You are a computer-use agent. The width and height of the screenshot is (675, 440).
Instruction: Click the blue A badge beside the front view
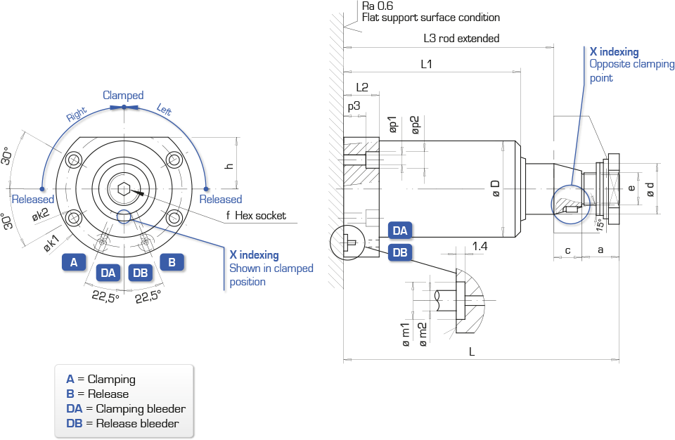tap(74, 261)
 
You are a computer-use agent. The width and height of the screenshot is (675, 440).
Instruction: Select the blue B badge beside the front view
tap(172, 261)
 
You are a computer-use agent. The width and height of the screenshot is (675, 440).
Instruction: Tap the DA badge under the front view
tap(108, 273)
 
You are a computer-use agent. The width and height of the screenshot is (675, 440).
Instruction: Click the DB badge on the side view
tap(400, 252)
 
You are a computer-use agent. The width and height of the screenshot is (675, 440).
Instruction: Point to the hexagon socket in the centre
tap(124, 188)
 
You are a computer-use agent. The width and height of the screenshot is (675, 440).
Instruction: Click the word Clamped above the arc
tap(123, 95)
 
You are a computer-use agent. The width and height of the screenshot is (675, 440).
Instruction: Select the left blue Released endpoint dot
tap(41, 188)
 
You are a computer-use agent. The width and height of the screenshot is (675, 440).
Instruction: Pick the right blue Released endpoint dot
tap(206, 188)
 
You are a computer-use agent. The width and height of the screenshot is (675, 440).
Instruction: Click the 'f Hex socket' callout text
tap(256, 215)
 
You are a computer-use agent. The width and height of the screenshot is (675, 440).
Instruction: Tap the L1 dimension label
tap(426, 64)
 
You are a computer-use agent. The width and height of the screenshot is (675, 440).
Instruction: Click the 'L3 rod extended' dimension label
tap(461, 39)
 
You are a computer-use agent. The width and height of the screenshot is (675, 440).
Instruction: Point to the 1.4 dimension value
tap(480, 246)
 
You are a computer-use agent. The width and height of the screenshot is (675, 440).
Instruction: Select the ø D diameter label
tap(496, 188)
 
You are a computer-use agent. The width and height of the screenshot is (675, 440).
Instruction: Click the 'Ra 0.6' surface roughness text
tap(378, 6)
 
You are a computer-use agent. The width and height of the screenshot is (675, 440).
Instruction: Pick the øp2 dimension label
tap(415, 125)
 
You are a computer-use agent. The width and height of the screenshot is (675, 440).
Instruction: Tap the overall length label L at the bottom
tap(472, 352)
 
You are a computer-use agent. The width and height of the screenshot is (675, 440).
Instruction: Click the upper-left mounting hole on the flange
tap(75, 160)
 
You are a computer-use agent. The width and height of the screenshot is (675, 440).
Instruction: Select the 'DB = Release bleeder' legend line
tap(122, 424)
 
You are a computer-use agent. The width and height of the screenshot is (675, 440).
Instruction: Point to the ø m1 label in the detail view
tap(406, 335)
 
